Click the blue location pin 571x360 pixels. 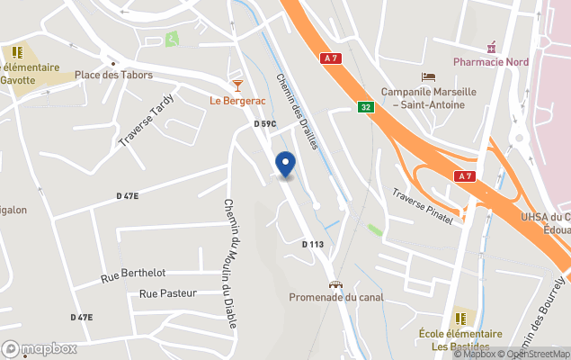point(285,165)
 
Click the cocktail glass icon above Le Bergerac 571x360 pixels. point(237,85)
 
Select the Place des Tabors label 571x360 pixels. point(113,75)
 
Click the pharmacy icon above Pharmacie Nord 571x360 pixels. point(491,46)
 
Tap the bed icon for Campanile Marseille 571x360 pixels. point(429,77)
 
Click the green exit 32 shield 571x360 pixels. point(365,106)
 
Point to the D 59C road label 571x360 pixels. point(264,123)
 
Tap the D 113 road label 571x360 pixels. point(312,244)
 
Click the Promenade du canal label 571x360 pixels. point(335,297)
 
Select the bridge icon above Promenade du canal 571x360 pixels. point(335,283)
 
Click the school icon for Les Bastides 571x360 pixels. point(461,318)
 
